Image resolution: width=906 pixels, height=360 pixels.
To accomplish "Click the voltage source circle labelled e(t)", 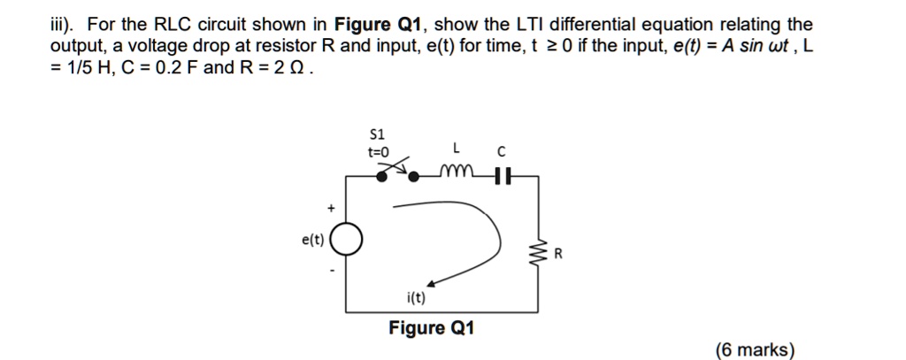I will [x=347, y=240].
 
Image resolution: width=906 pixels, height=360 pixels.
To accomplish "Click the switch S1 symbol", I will [x=399, y=171].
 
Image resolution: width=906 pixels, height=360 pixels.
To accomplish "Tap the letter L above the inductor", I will [x=456, y=146].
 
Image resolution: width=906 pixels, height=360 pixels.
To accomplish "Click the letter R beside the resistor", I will [x=557, y=256].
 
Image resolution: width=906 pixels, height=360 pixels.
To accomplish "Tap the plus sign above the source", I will [x=332, y=209].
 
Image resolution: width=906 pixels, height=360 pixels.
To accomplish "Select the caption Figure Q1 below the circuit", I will [x=431, y=328].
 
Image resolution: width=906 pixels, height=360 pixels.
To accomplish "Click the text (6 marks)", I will [x=755, y=350].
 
